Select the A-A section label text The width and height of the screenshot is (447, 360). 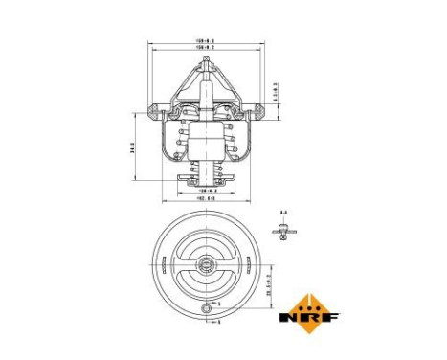coord(283,211)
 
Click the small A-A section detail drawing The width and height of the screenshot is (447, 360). coord(282,227)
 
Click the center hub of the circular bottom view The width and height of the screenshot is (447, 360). coord(206,267)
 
